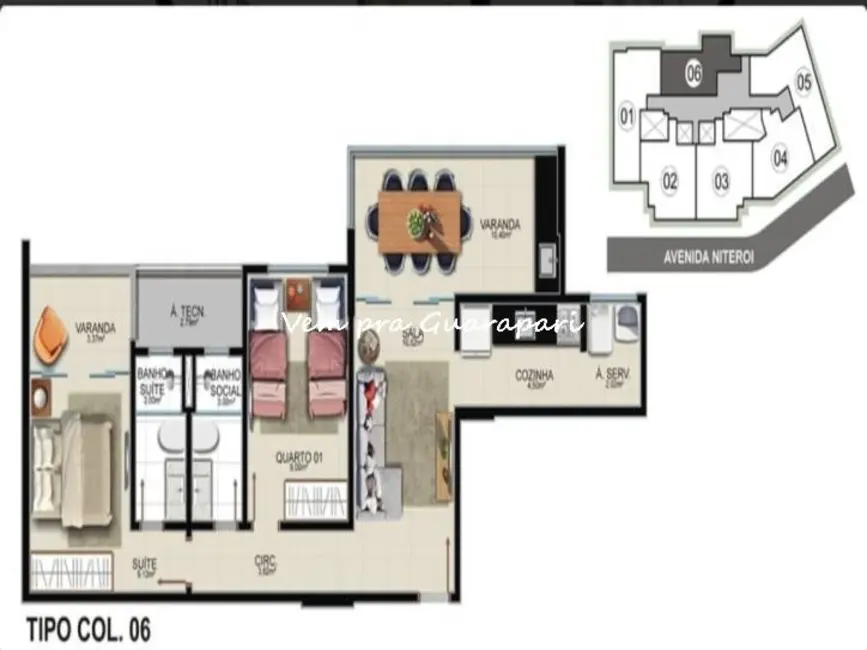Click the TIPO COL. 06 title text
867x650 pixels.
(88, 629)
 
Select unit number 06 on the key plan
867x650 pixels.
(694, 72)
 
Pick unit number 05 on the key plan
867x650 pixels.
(803, 80)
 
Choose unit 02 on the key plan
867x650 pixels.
(669, 181)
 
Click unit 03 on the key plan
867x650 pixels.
(721, 181)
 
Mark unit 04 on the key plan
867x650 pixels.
(780, 157)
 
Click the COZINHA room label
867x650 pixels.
(534, 376)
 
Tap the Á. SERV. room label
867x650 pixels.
(610, 376)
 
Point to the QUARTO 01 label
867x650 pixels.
(297, 457)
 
